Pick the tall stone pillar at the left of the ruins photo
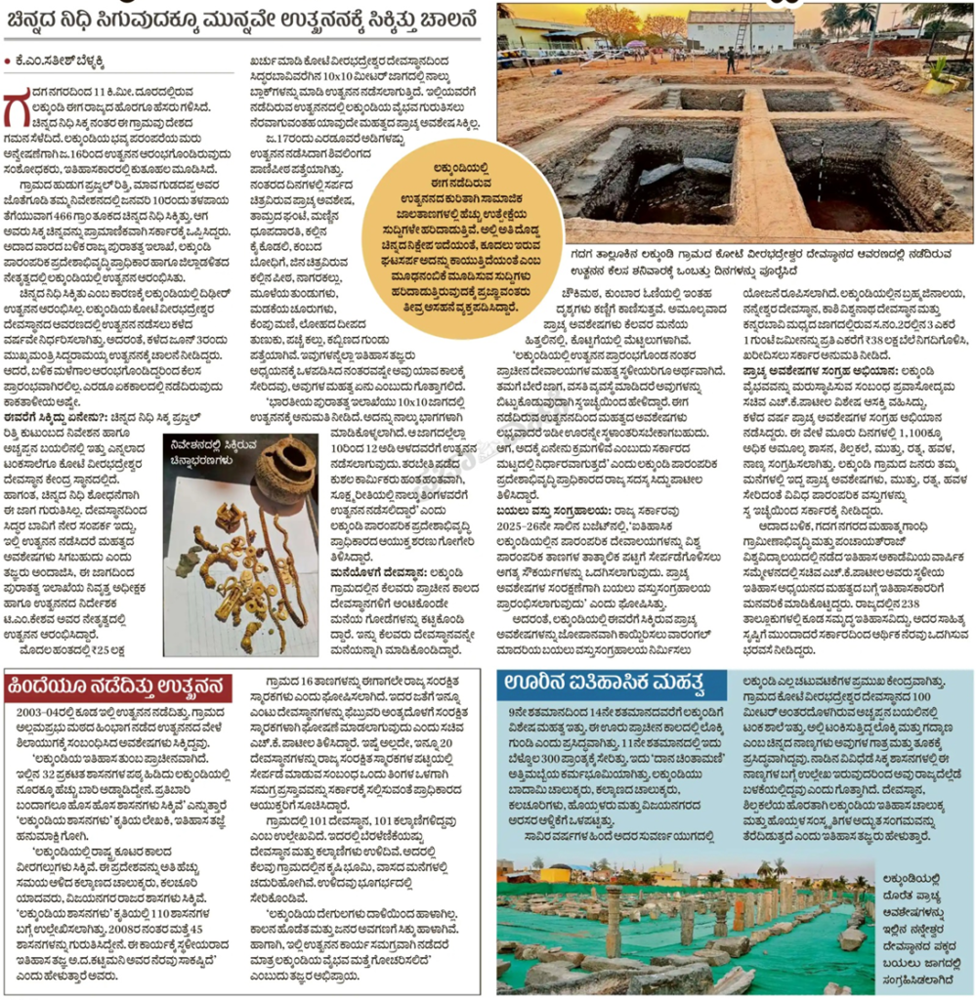(x=614, y=927)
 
